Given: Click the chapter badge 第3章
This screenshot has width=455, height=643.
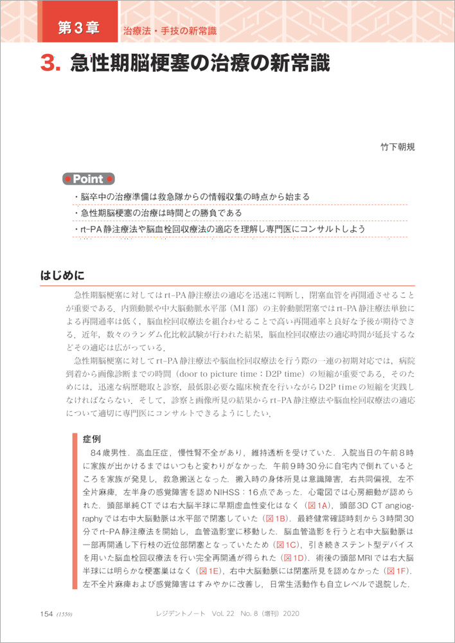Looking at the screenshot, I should coord(78,28).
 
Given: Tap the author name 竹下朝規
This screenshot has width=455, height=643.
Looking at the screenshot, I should coord(398,147).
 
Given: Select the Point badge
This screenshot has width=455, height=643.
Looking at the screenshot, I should coord(88,179).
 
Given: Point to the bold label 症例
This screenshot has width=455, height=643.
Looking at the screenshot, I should coord(92,440).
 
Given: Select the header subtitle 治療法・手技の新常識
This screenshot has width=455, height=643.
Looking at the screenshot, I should coord(170,31).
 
